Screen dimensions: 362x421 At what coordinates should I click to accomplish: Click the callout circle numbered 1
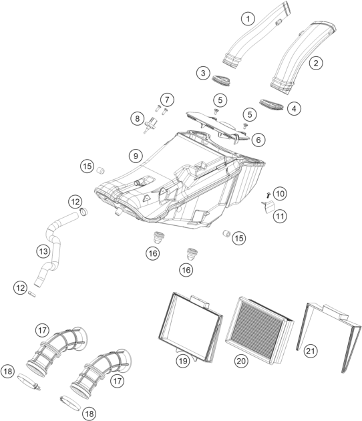point(248,19)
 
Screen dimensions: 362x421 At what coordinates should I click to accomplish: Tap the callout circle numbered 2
point(316,63)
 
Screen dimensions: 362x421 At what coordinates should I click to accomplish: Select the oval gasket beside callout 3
point(221,81)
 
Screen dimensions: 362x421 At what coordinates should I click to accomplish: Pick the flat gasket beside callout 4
point(272,105)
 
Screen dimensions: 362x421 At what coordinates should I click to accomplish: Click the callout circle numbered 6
point(258,140)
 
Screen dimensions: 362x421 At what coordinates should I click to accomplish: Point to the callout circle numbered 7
point(167,100)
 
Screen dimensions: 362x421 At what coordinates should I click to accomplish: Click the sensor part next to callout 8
point(151,124)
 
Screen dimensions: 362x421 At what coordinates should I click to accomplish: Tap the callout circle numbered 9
point(136,156)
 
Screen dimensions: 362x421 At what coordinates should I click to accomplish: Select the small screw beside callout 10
point(268,194)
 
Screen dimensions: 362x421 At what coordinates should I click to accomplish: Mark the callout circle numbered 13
point(43,251)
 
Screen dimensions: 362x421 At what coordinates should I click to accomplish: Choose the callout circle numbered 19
point(183,361)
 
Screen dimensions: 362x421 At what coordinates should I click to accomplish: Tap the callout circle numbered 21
point(311,352)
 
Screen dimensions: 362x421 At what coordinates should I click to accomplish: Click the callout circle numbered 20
point(241,361)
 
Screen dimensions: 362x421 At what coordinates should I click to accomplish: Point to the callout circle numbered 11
point(280,216)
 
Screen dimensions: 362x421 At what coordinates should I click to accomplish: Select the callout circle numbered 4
point(294,109)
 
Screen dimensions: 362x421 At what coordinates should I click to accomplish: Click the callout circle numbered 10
point(280,194)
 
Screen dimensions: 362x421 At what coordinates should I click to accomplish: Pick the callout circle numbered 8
point(138,118)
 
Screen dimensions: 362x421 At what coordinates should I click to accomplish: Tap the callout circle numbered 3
point(203,73)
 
